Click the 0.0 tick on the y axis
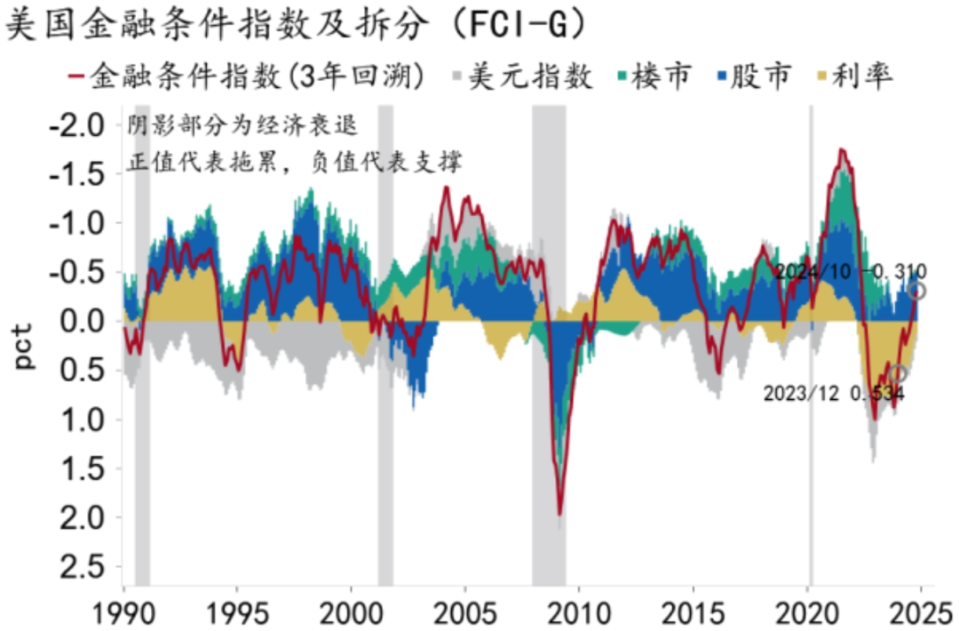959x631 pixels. (x=82, y=321)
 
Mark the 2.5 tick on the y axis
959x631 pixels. (x=82, y=567)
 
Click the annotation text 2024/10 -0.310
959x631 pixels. (x=850, y=271)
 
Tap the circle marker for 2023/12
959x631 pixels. (x=898, y=374)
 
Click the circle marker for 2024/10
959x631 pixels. (x=917, y=291)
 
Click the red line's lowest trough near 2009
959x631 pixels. (x=559, y=514)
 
